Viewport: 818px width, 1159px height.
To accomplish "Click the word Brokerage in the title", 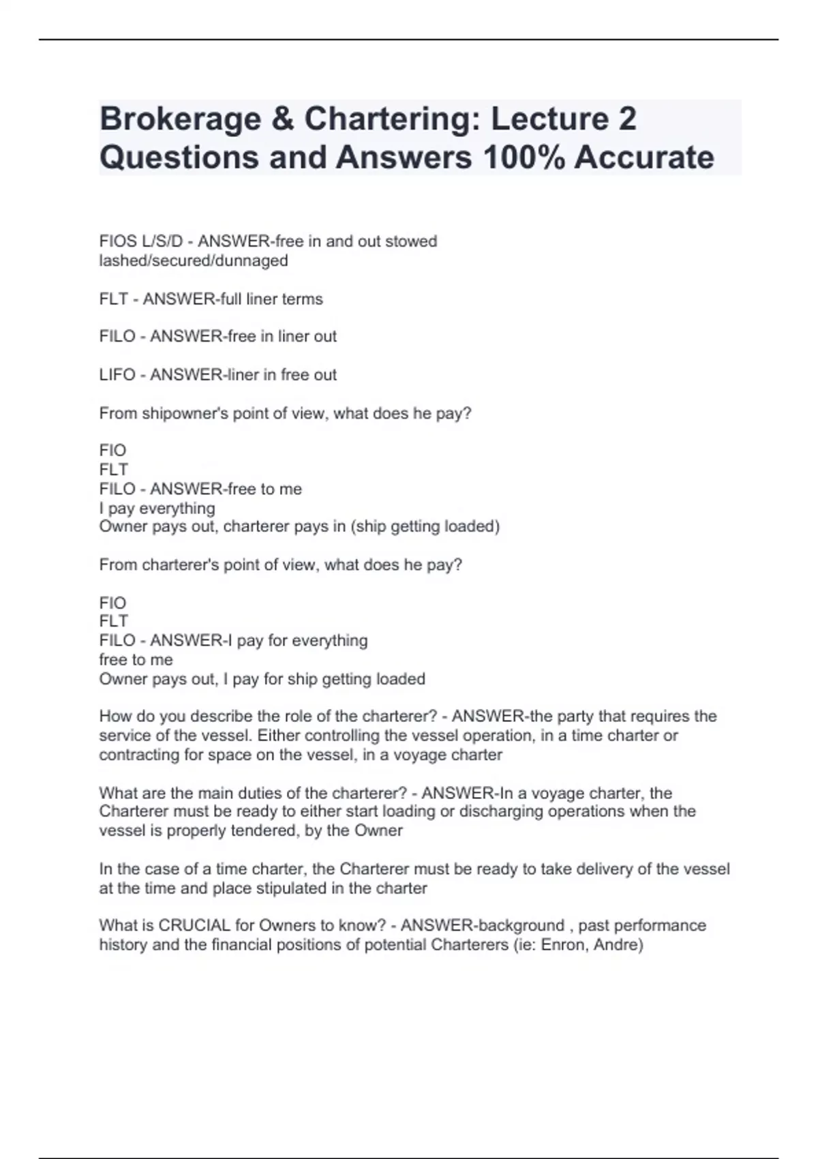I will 180,119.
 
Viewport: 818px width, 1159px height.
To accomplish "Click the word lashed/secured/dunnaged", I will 194,260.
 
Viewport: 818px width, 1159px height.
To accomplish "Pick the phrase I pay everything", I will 157,508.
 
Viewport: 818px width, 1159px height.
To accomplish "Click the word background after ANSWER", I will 520,925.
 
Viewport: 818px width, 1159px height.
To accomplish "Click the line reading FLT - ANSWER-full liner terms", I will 211,299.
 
